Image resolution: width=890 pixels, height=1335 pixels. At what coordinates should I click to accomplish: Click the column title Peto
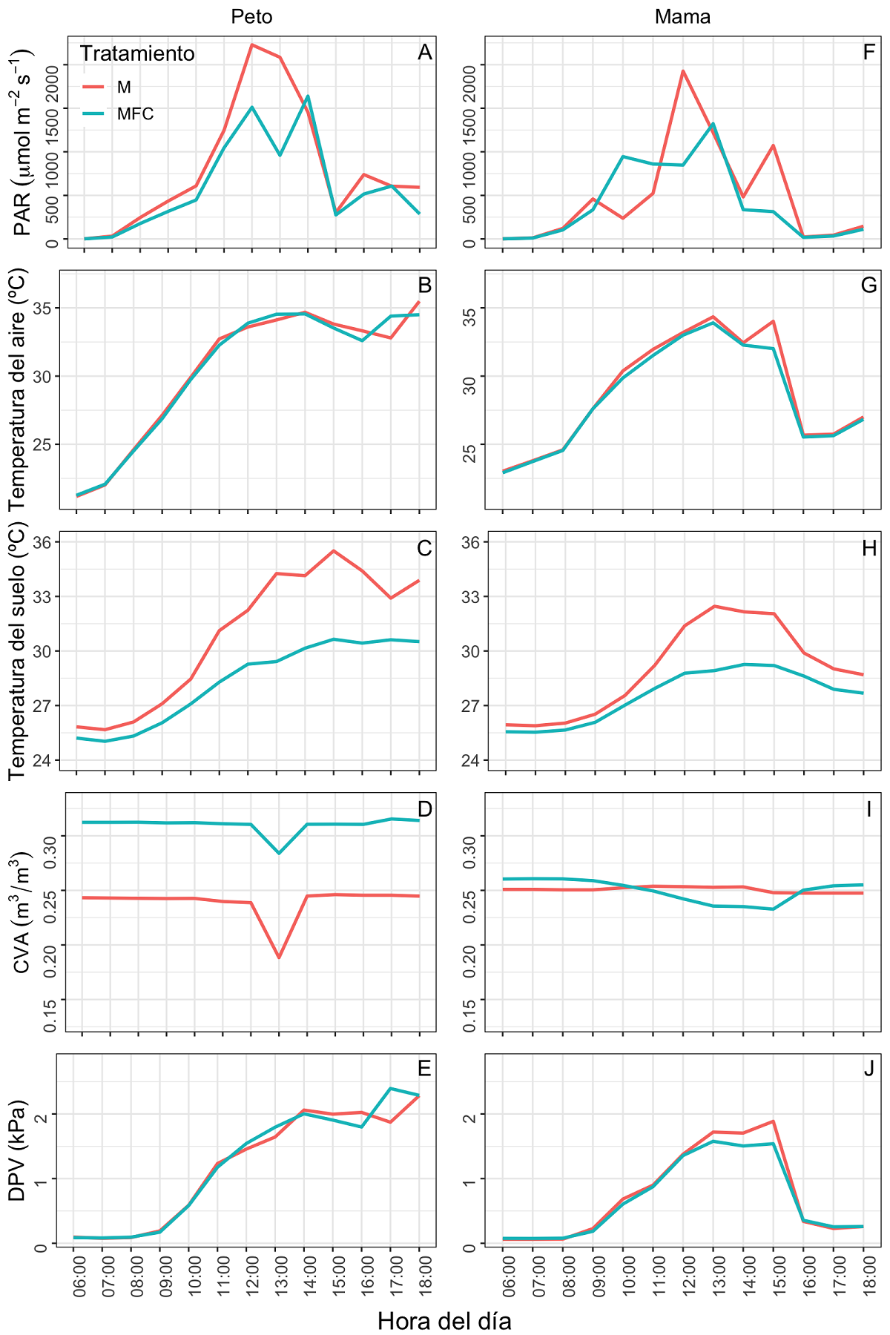251,17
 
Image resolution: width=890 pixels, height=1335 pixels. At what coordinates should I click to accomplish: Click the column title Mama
682,17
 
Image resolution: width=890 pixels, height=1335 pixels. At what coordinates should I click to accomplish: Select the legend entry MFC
135,114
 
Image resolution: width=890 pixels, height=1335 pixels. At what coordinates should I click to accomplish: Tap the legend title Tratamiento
137,54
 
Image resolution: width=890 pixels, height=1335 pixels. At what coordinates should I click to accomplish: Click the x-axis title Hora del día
444,1321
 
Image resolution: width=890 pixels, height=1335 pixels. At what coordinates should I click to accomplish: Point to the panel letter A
424,53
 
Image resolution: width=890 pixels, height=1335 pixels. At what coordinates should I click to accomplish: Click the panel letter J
869,1069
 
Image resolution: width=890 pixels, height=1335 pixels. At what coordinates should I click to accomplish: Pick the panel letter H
869,548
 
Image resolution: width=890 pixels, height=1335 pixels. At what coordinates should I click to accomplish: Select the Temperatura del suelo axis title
19,650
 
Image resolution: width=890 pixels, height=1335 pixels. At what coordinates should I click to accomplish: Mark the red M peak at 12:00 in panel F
683,71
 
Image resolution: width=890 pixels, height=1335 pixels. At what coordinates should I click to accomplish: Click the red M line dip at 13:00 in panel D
279,957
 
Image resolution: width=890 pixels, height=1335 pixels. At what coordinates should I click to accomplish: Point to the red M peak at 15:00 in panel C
334,551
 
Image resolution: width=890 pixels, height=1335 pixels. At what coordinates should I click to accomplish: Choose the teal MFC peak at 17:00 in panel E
390,1089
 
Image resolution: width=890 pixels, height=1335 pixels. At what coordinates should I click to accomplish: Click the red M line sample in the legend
95,88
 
